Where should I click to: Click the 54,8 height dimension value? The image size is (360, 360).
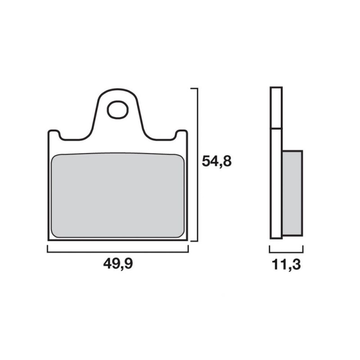[216, 162]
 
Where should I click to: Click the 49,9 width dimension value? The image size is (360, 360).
[118, 264]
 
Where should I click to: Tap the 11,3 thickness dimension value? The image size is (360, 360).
[286, 265]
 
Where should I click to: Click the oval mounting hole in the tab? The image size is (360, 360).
[117, 110]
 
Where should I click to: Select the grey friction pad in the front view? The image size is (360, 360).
[118, 195]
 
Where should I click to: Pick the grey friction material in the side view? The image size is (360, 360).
[292, 193]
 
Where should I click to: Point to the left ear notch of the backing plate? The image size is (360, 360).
[54, 134]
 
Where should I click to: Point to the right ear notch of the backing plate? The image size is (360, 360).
[182, 134]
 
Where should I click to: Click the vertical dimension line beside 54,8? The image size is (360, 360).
[198, 165]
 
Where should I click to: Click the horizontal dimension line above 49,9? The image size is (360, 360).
[118, 252]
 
